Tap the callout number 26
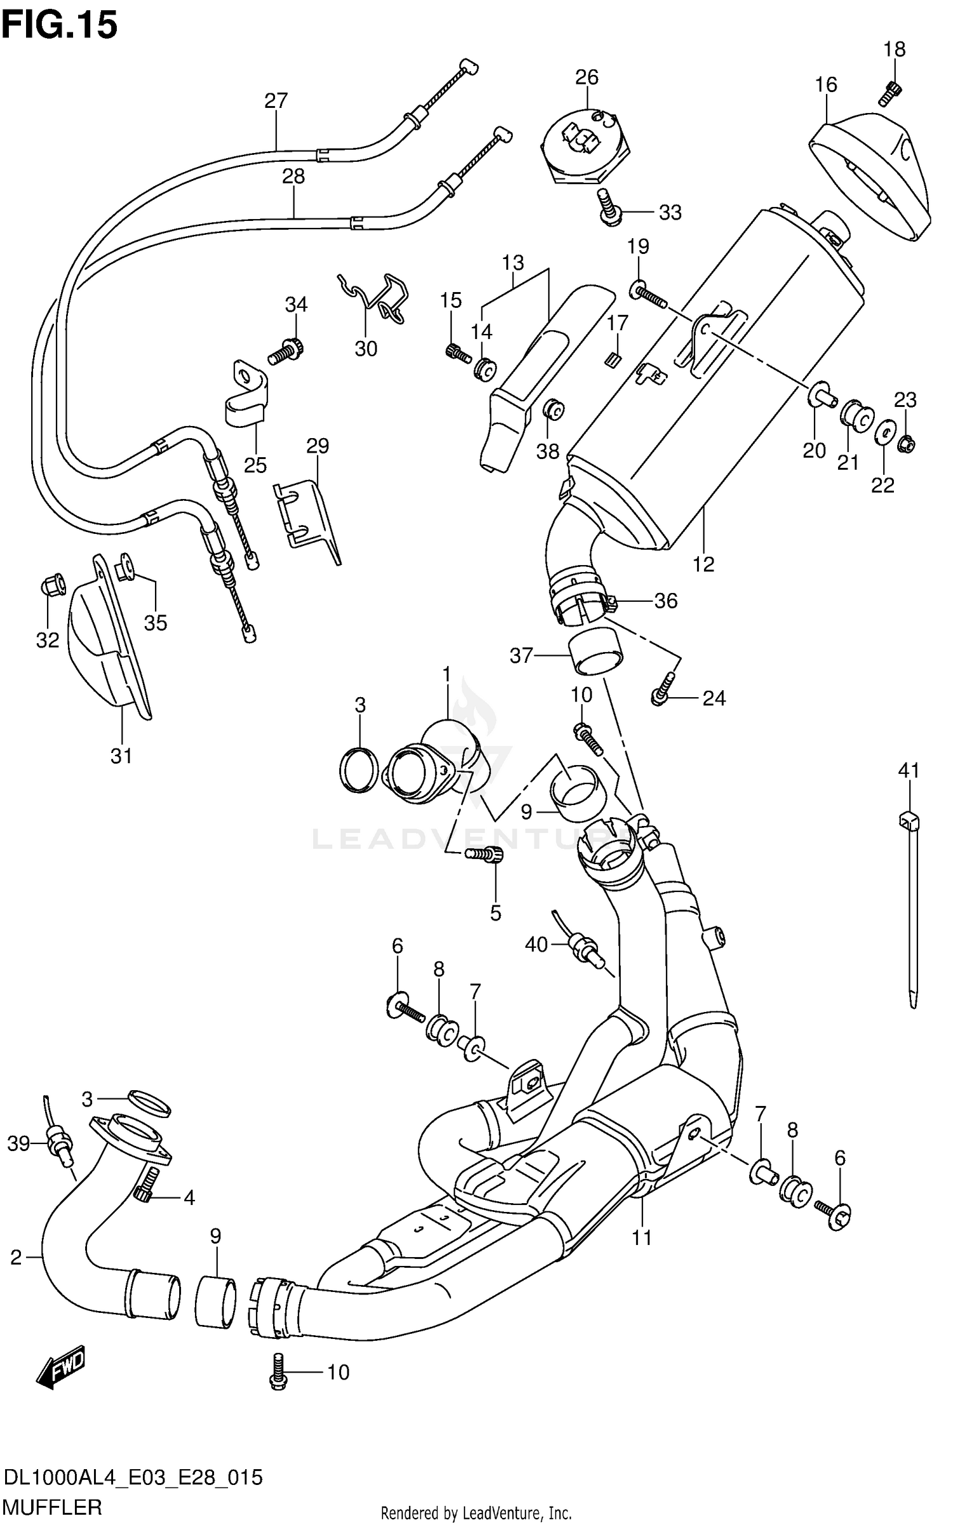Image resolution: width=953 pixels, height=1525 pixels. (x=586, y=77)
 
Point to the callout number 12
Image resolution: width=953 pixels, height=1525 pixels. (x=703, y=564)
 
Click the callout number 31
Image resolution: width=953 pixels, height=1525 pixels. (x=121, y=756)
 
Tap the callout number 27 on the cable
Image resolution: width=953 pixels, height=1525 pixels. (x=276, y=100)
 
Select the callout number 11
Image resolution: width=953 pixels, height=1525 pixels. (x=642, y=1237)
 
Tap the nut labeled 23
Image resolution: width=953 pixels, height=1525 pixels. (x=905, y=444)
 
